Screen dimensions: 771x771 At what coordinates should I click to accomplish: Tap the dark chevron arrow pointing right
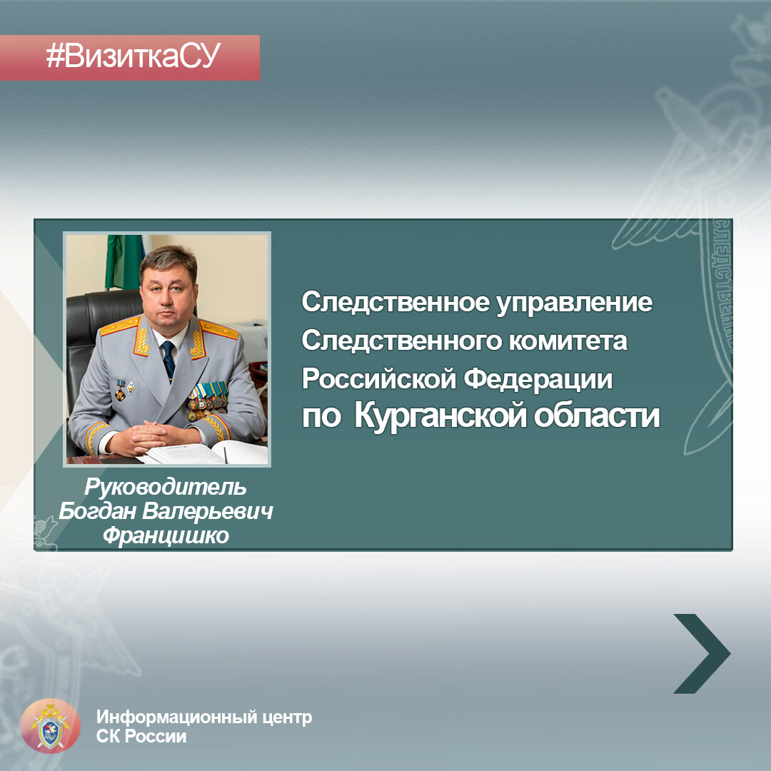(x=700, y=653)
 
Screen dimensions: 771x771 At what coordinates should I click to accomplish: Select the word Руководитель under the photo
(x=165, y=488)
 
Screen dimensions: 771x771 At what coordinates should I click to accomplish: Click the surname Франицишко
(x=166, y=535)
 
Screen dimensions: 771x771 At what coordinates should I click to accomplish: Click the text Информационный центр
(x=204, y=717)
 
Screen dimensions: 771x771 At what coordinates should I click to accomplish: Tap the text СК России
(x=141, y=737)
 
